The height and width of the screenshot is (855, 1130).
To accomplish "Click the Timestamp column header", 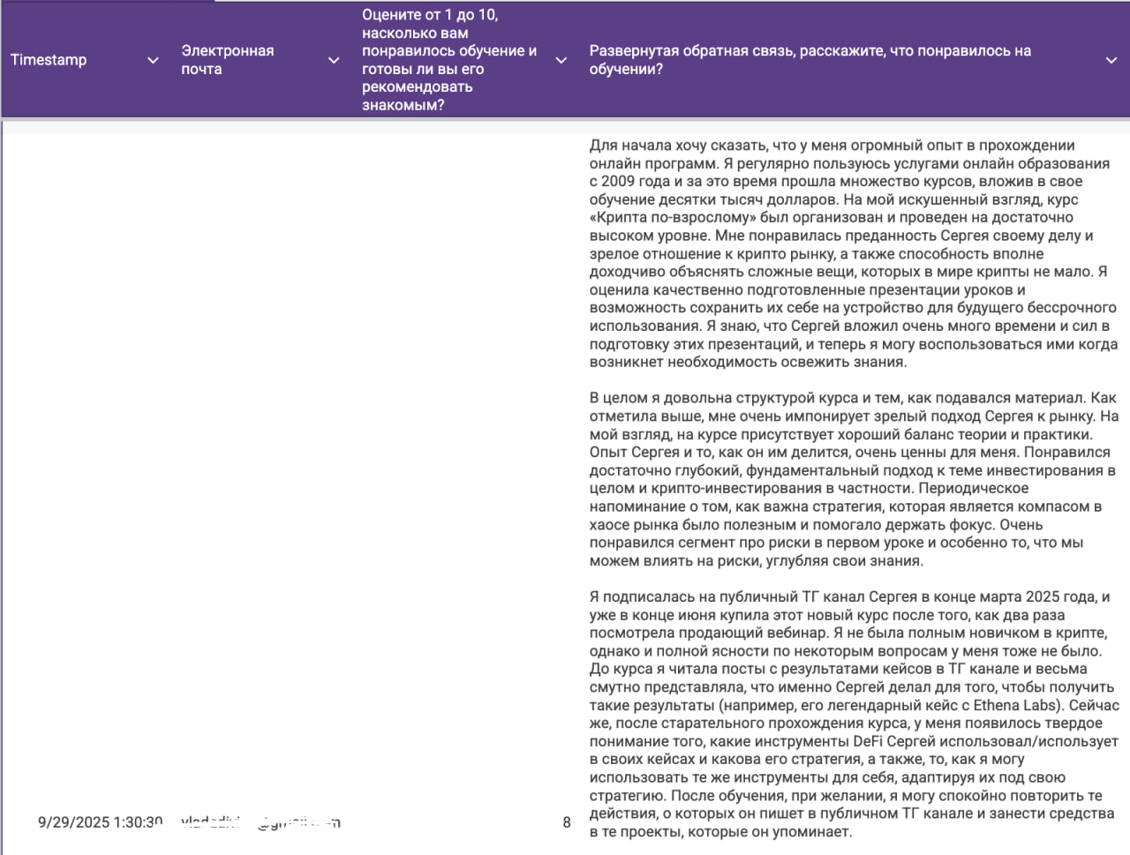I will tap(49, 60).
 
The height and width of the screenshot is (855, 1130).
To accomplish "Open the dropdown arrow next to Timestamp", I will tap(153, 60).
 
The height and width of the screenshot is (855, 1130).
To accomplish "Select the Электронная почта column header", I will tap(227, 60).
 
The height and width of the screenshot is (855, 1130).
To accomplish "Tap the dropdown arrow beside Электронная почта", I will tap(334, 60).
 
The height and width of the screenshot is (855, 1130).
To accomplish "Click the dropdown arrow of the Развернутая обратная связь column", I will tap(1111, 60).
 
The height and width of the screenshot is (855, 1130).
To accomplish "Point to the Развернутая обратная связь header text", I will tap(810, 60).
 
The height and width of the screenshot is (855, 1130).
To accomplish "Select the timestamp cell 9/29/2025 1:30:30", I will tap(100, 822).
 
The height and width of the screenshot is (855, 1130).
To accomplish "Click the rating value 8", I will tap(567, 822).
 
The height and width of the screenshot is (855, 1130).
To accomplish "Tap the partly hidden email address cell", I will tap(260, 822).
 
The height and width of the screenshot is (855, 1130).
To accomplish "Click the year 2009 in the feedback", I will tap(618, 182).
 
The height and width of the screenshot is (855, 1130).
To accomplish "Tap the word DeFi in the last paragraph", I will tap(868, 741).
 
